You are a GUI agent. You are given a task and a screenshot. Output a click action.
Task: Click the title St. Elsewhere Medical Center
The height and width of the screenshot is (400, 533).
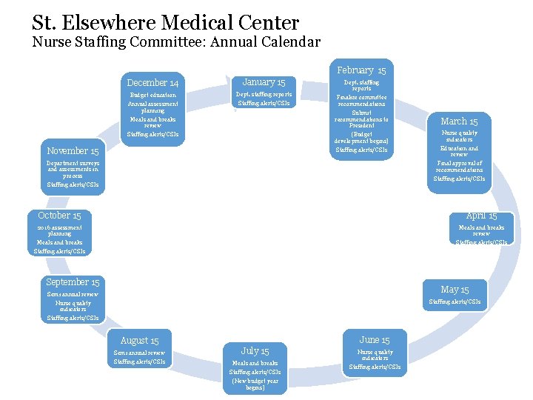[165, 22]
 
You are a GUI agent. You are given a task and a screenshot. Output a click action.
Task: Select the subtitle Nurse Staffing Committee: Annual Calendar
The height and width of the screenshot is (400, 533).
[176, 42]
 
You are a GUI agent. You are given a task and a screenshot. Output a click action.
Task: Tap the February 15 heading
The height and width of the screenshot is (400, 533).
[361, 70]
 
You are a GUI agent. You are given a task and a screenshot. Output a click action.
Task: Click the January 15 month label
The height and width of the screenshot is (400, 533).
[264, 82]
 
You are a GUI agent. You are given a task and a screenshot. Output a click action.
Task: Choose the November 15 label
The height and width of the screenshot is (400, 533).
[73, 151]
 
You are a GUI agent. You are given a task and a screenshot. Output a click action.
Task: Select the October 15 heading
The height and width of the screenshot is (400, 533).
[59, 216]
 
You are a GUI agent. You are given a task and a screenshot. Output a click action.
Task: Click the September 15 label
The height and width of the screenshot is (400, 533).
[73, 282]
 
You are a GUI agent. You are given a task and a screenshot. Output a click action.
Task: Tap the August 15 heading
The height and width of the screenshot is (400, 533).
[139, 341]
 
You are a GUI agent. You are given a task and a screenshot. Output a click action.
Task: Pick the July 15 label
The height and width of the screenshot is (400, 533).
[255, 351]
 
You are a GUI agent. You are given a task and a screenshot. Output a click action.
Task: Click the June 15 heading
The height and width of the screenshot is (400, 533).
[375, 340]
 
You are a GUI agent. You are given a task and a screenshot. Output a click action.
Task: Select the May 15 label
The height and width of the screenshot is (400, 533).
[455, 290]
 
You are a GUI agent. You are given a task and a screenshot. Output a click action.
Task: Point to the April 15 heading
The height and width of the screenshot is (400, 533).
[481, 216]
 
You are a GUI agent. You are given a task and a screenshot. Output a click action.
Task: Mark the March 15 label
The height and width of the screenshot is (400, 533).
[459, 121]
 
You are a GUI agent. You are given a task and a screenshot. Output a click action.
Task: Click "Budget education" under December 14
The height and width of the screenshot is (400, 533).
[152, 95]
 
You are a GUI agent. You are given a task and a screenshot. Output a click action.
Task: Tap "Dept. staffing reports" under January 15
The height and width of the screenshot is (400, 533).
[264, 94]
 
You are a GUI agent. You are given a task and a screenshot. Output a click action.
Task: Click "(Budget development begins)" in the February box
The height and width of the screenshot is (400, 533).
[361, 138]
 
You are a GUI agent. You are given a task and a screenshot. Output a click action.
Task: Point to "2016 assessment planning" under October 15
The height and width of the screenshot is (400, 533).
[59, 230]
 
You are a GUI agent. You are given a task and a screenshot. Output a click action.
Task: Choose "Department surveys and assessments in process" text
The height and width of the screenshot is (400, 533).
[73, 170]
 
